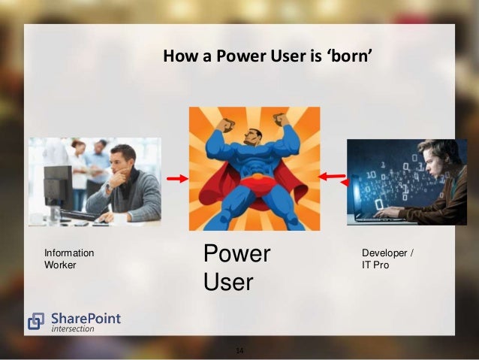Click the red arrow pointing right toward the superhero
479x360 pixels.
177,179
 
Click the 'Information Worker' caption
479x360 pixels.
69,259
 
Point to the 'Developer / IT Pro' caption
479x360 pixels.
387,259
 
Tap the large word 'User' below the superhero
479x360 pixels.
228,282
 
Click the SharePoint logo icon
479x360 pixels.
36,322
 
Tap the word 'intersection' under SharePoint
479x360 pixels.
73,329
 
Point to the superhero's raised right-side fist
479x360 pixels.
281,119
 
